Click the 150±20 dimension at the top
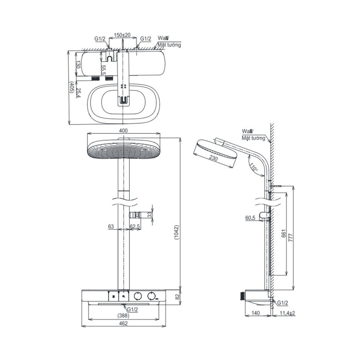pos(122,35)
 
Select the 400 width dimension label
pos(123,130)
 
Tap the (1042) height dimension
pos(177,233)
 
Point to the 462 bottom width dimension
pos(123,324)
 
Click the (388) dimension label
pos(123,316)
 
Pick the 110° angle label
pos(254,167)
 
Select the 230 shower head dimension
pos(213,158)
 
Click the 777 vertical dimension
pos(291,237)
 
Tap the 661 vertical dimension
pos(283,233)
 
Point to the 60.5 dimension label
pos(250,218)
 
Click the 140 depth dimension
pos(255,313)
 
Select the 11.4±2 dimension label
pos(288,313)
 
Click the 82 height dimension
pos(177,296)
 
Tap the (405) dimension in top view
pos(72,87)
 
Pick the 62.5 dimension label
pos(135,227)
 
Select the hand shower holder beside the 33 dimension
pos(135,215)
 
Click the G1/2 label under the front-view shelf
pos(133,310)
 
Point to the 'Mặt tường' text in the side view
pos(253,138)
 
